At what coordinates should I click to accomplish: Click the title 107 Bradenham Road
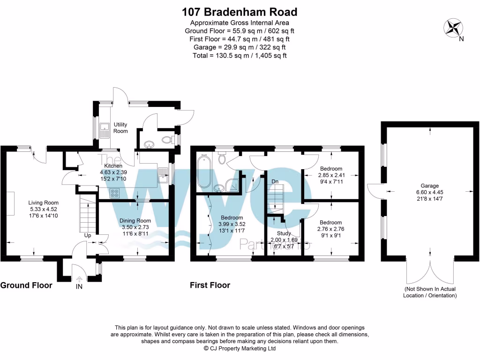coord(240,12)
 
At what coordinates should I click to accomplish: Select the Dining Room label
coord(135,221)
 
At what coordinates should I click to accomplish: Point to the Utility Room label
coord(120,127)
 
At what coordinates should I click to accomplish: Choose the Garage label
coord(426,185)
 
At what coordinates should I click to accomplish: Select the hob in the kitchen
coord(114,192)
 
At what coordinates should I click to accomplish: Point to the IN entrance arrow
coord(79,281)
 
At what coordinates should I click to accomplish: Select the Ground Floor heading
coord(26,285)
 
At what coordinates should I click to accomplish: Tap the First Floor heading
coord(210,285)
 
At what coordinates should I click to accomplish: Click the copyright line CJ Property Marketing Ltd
coord(240,348)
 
